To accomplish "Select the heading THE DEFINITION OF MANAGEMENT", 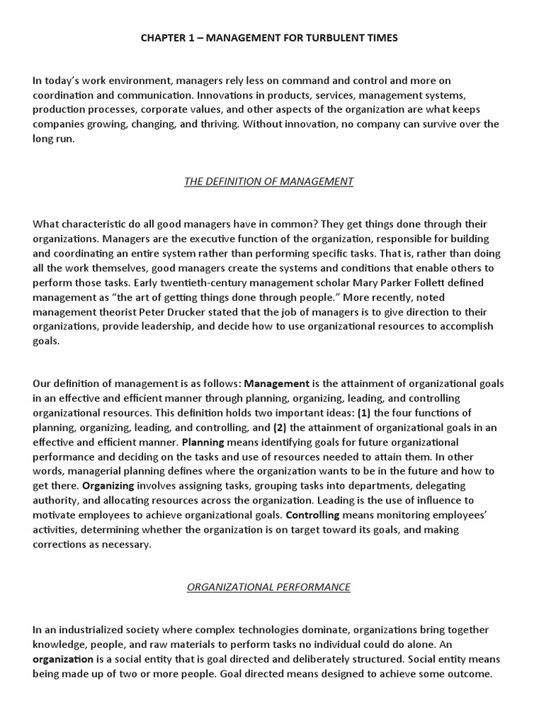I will click(x=269, y=182).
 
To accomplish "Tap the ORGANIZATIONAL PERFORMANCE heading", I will click(x=269, y=588).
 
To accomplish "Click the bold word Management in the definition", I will click(x=277, y=384).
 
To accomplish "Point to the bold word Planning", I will click(x=203, y=442).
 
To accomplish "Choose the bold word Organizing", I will click(x=108, y=486).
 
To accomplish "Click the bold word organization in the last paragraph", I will click(x=62, y=660).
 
